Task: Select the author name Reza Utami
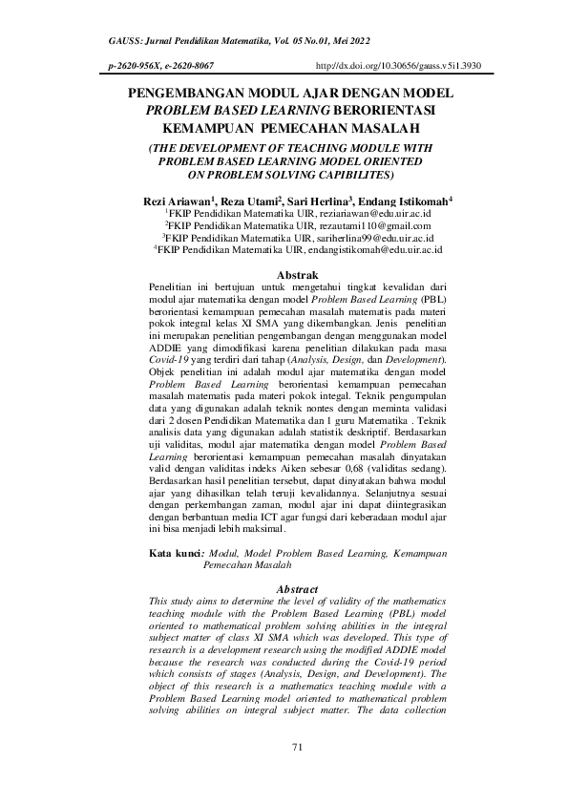point(249,201)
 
